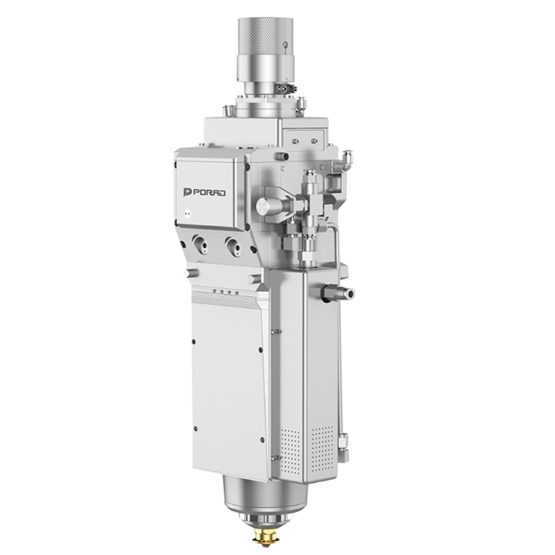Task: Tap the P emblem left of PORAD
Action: pyautogui.click(x=187, y=193)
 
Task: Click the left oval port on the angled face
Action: pyautogui.click(x=200, y=244)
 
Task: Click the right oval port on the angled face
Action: pyautogui.click(x=233, y=246)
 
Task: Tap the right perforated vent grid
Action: pyautogui.click(x=322, y=448)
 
